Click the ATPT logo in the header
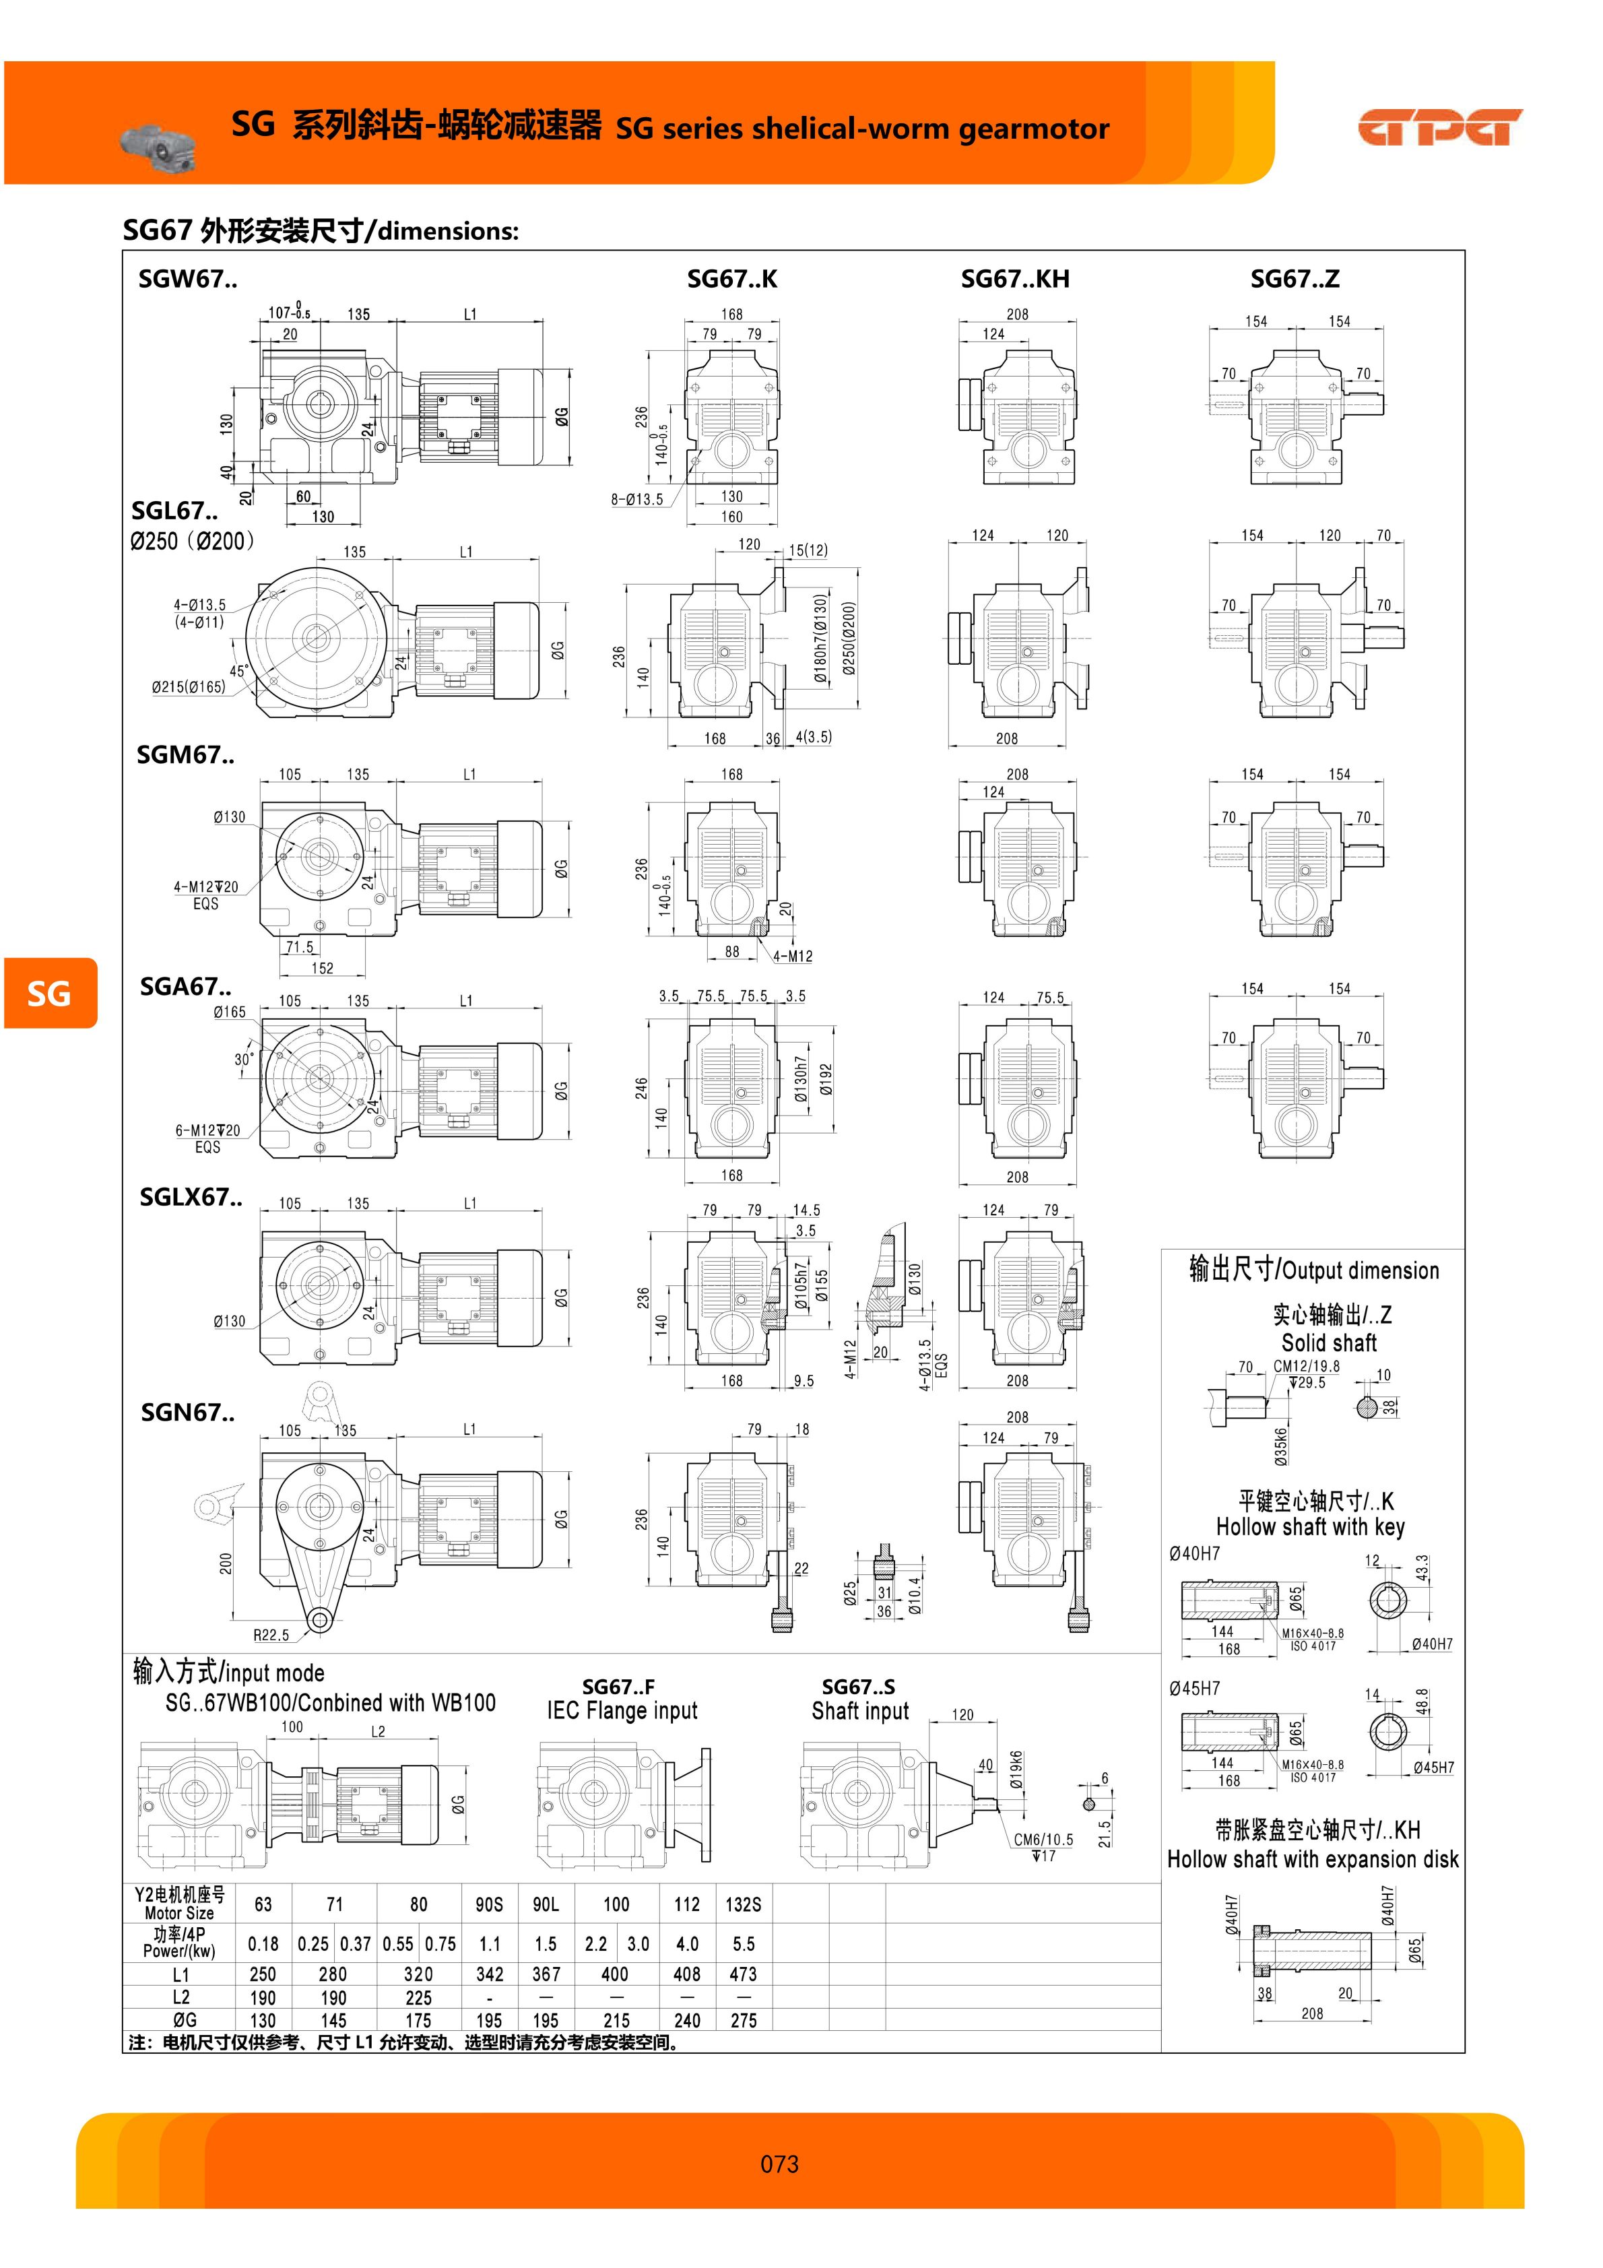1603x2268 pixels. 1440,127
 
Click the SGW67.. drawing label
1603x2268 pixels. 188,279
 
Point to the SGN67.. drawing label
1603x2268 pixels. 188,1413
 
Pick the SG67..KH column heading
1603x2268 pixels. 1015,279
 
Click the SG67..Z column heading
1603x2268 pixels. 1295,279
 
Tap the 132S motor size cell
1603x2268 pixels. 743,1904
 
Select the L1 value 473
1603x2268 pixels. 743,1974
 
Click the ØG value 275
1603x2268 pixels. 743,2020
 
